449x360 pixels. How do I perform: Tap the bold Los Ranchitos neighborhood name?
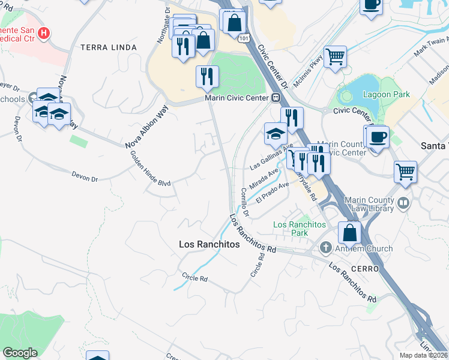click(209, 245)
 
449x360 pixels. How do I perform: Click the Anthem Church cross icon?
click(325, 248)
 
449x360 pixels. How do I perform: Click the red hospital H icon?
click(43, 33)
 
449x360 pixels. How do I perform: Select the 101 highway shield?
click(243, 38)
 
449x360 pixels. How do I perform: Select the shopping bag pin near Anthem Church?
click(349, 232)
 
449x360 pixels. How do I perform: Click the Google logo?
click(20, 353)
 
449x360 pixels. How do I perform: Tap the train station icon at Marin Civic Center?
click(276, 98)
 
